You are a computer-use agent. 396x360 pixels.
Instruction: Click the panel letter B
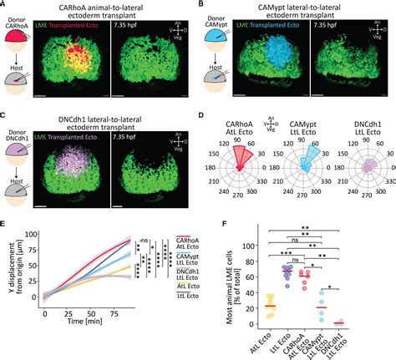point(203,4)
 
